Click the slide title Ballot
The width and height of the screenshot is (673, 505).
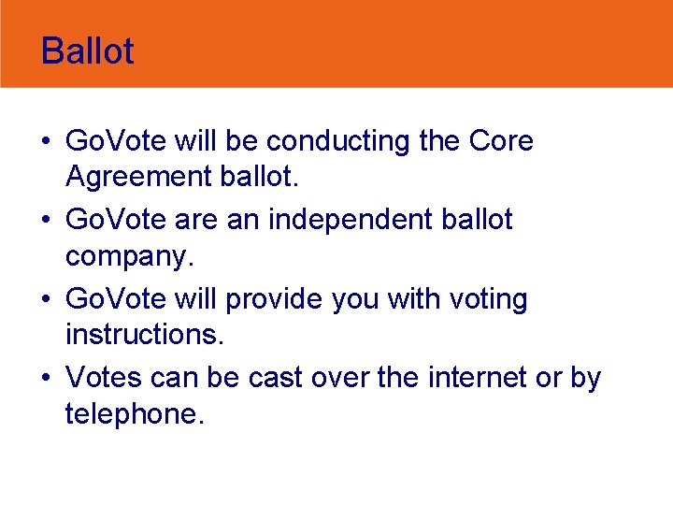tap(88, 50)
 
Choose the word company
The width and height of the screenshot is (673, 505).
tap(127, 255)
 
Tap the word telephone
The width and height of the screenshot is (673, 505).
tap(133, 412)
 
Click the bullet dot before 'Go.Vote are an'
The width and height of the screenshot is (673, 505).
tap(46, 222)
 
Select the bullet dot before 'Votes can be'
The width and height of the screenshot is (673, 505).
tap(46, 380)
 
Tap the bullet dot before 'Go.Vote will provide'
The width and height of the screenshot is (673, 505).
tap(46, 301)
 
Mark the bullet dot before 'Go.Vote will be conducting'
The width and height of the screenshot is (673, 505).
tap(46, 142)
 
